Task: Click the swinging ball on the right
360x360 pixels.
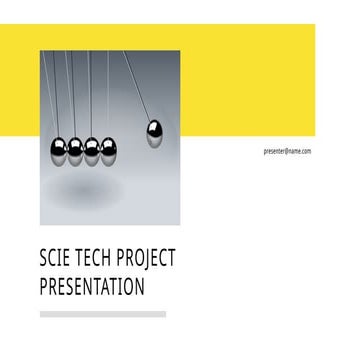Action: click(155, 133)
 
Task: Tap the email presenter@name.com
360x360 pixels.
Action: click(287, 151)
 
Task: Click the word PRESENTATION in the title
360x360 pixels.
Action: click(92, 288)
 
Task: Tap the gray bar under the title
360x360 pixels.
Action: click(102, 314)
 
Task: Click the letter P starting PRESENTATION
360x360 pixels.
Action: click(44, 288)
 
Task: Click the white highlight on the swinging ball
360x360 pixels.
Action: click(153, 128)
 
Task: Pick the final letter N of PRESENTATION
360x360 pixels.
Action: click(140, 288)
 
